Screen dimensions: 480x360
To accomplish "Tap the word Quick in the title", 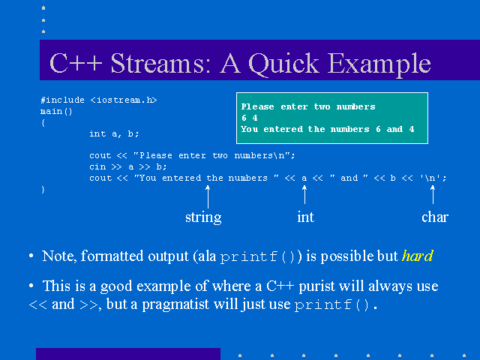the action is pyautogui.click(x=284, y=64).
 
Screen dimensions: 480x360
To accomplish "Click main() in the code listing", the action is pyautogui.click(x=56, y=112).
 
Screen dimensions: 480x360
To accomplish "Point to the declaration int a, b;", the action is pyautogui.click(x=114, y=133).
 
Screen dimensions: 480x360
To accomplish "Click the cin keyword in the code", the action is pyautogui.click(x=97, y=166).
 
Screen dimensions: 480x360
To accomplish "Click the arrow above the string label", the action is pyautogui.click(x=208, y=196).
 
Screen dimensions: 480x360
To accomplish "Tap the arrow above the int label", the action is pyautogui.click(x=304, y=195).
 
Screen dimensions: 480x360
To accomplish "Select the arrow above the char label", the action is pyautogui.click(x=433, y=195).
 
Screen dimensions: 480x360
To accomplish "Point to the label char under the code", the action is pyautogui.click(x=435, y=217).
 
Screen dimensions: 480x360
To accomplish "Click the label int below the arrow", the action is pyautogui.click(x=305, y=217).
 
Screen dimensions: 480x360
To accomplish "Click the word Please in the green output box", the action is pyautogui.click(x=257, y=106).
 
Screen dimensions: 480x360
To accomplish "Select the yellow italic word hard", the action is pyautogui.click(x=418, y=256).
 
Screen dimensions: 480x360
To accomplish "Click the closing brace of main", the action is pyautogui.click(x=43, y=190).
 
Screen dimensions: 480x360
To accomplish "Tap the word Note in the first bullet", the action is pyautogui.click(x=58, y=256).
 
